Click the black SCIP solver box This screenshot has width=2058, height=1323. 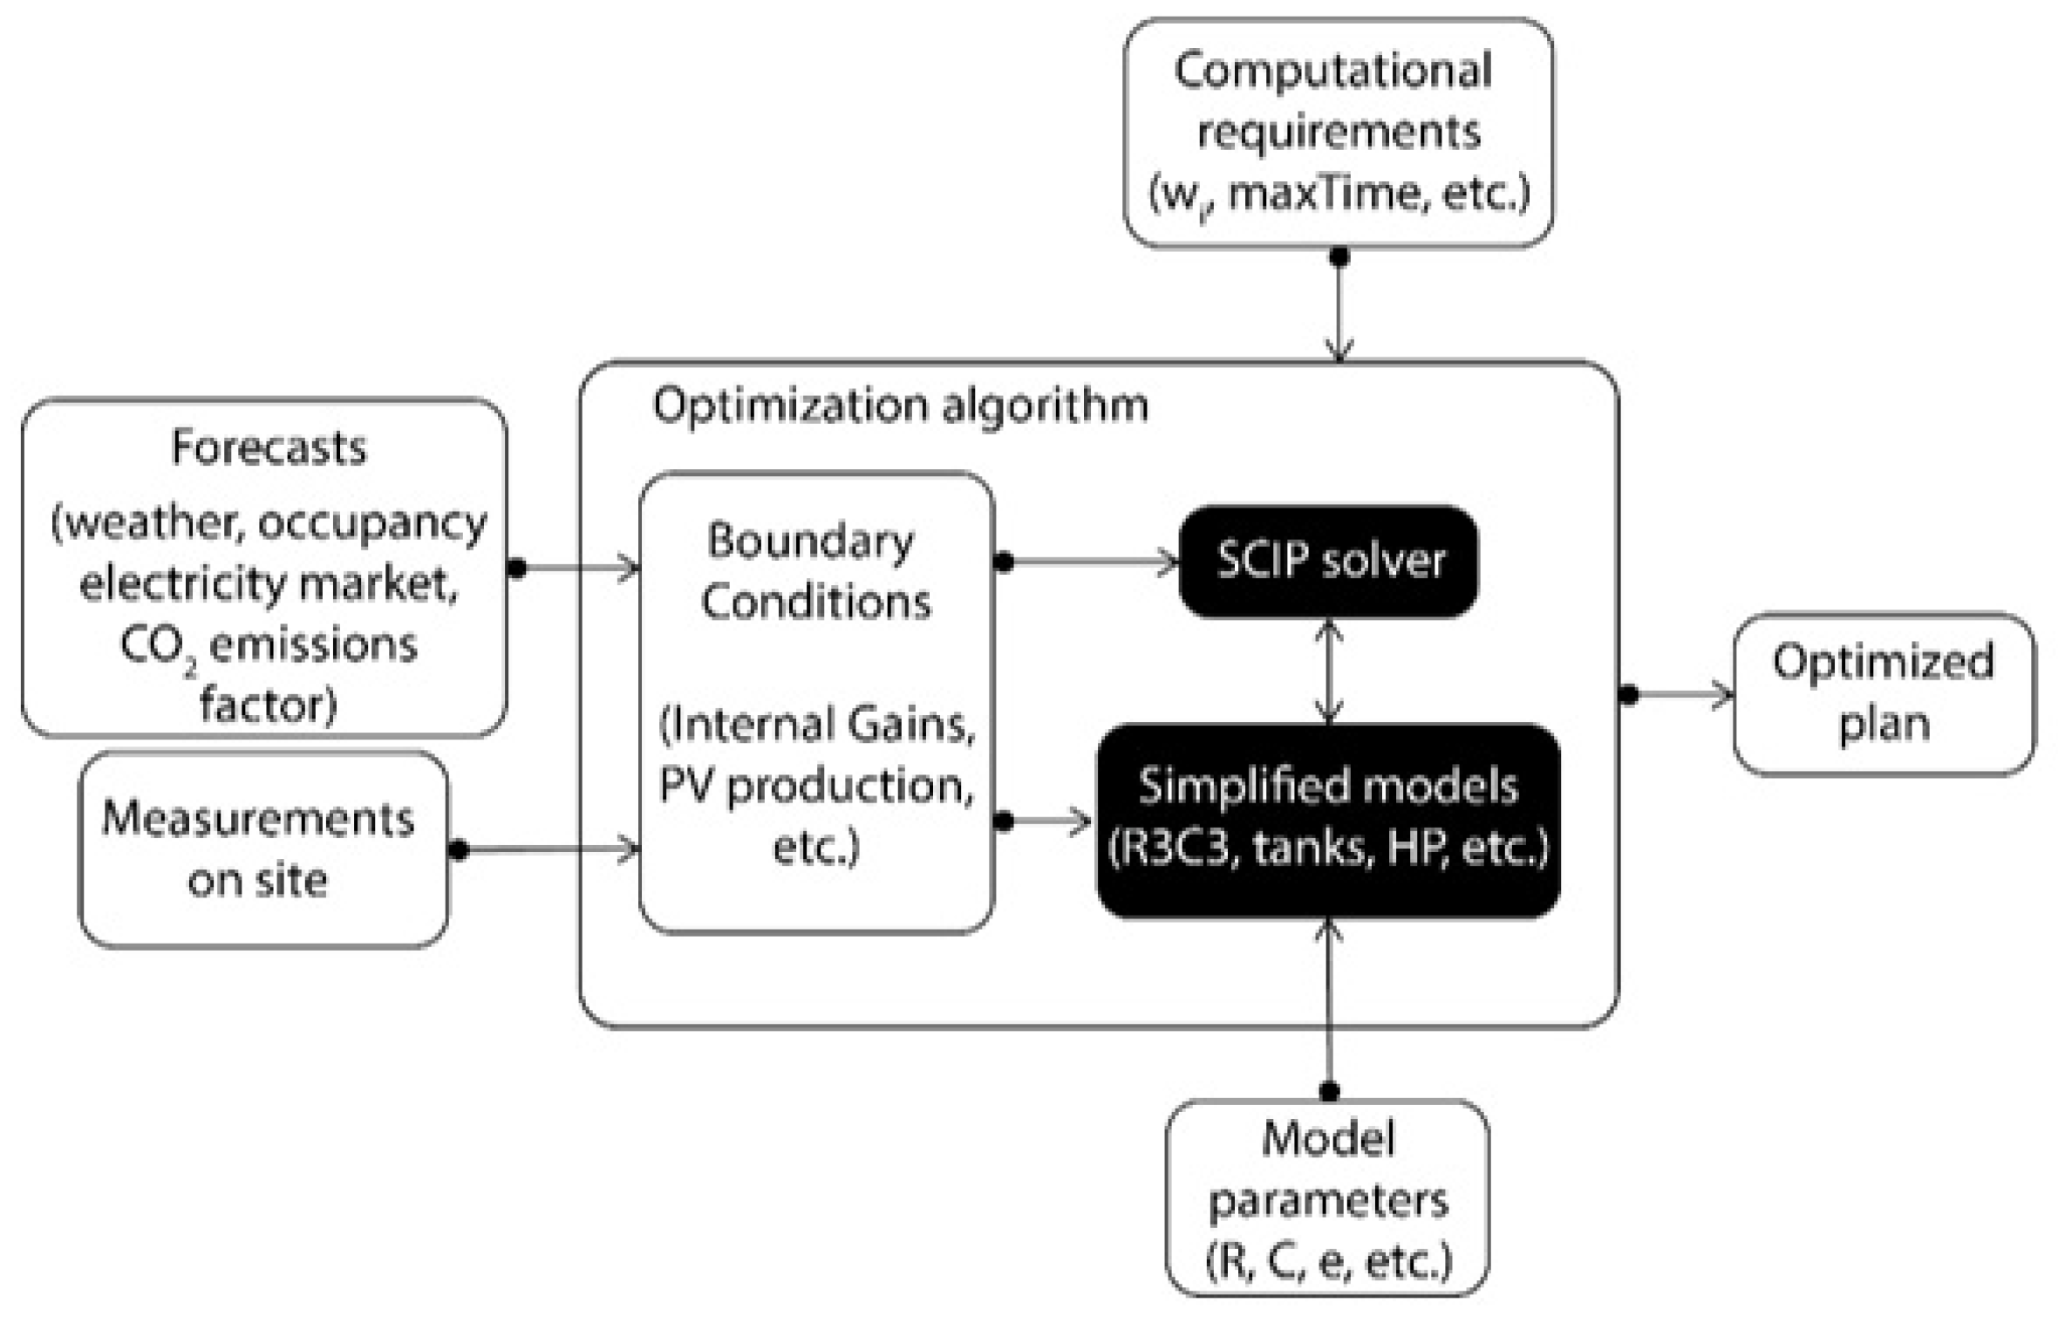[1328, 561]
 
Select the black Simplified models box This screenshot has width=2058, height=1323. [1328, 821]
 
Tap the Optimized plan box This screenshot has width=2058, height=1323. [1884, 694]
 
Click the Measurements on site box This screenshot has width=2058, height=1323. [263, 849]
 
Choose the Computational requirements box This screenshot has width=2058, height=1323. [1338, 133]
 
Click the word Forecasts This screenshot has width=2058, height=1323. [269, 447]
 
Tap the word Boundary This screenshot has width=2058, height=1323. [810, 542]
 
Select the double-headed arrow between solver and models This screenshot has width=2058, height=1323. [1328, 671]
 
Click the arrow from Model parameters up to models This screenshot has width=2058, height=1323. [1329, 1005]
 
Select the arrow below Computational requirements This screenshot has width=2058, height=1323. [1339, 304]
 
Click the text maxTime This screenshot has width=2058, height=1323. [1325, 194]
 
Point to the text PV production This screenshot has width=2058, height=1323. [816, 788]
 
